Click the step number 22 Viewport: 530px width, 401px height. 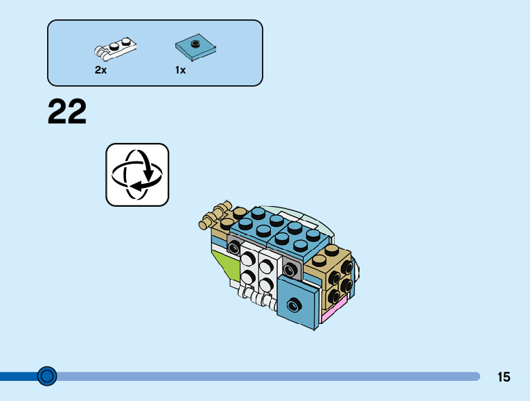pos(67,112)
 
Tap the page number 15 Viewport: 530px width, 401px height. pos(504,377)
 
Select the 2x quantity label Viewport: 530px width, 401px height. pos(100,70)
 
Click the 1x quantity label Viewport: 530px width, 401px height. pos(181,70)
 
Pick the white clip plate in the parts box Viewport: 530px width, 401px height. pos(115,48)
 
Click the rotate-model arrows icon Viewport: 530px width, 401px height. pos(137,175)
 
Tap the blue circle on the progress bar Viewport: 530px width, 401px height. pos(47,376)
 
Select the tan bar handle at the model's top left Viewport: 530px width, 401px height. pos(215,215)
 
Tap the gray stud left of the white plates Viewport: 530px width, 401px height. pos(234,247)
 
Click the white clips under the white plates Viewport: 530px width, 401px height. pos(254,298)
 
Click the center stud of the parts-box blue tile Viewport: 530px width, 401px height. pos(196,44)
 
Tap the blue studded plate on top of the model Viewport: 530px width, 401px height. pos(277,229)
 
